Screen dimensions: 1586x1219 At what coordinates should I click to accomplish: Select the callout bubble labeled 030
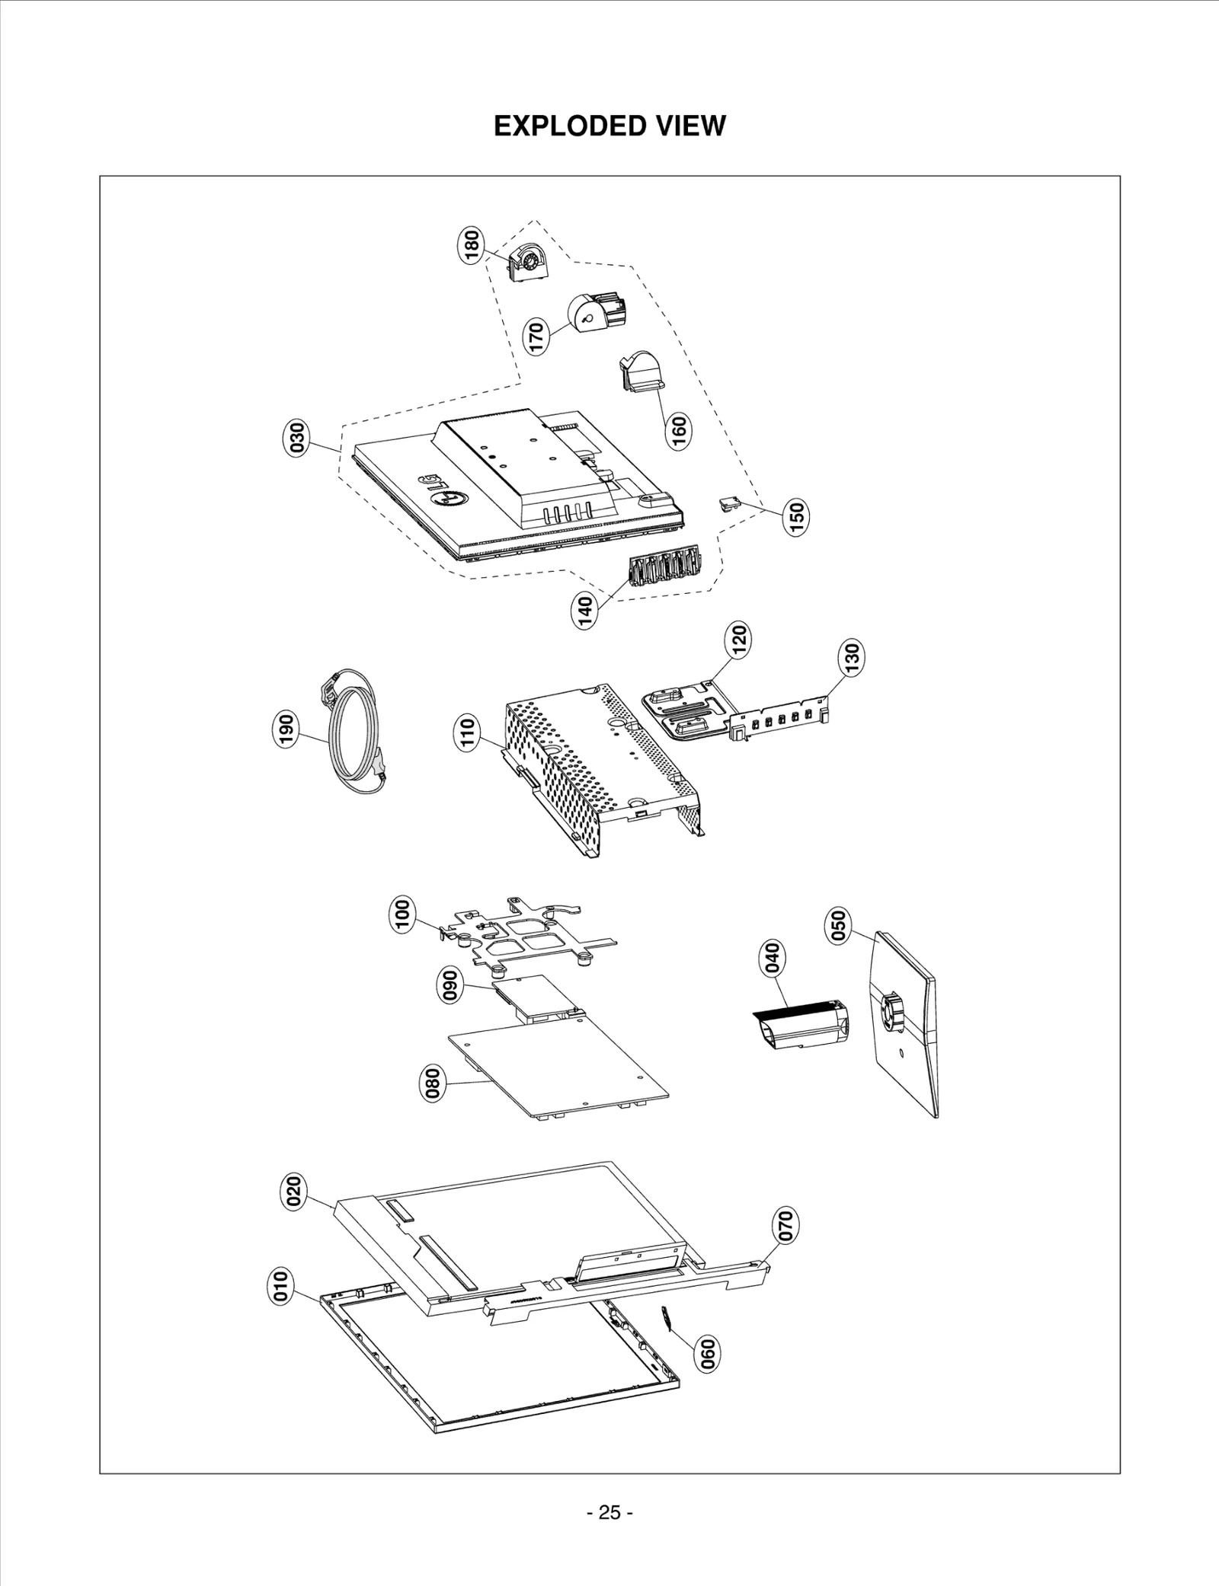click(297, 438)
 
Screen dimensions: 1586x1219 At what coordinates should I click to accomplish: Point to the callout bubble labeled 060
click(708, 1354)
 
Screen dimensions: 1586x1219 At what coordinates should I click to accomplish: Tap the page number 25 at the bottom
click(609, 1512)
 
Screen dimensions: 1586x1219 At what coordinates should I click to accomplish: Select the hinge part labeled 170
click(596, 311)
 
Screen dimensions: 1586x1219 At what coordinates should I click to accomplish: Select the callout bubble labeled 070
click(785, 1224)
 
